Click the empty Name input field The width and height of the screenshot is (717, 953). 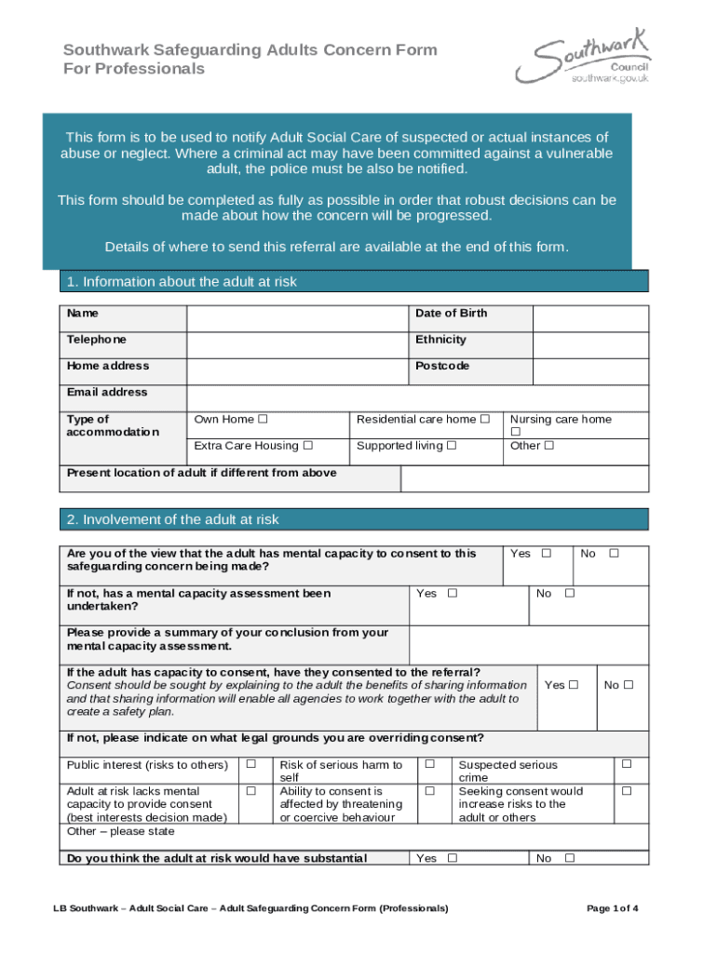pyautogui.click(x=297, y=319)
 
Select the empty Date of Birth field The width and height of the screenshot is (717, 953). pyautogui.click(x=589, y=319)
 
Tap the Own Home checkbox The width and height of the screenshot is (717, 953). pyautogui.click(x=263, y=420)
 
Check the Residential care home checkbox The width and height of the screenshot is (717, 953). pyautogui.click(x=484, y=420)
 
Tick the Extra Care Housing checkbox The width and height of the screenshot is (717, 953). pyautogui.click(x=307, y=446)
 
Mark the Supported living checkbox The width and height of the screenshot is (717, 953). pyautogui.click(x=452, y=446)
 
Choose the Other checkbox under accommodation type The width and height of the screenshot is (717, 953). pyautogui.click(x=549, y=446)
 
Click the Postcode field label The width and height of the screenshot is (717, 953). pyautogui.click(x=442, y=366)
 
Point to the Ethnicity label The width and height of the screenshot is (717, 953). pyautogui.click(x=440, y=340)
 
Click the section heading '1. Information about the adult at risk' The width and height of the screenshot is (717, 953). pyautogui.click(x=182, y=282)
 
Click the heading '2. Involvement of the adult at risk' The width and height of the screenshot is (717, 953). pyautogui.click(x=172, y=519)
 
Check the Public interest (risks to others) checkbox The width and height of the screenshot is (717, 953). pyautogui.click(x=250, y=765)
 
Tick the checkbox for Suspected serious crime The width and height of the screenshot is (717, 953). pyautogui.click(x=627, y=765)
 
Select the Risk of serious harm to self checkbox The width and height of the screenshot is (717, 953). pyautogui.click(x=430, y=765)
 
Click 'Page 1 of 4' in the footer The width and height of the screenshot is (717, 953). pyautogui.click(x=613, y=907)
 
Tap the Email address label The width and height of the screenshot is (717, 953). pyautogui.click(x=107, y=392)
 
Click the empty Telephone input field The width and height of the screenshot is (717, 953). pyautogui.click(x=297, y=345)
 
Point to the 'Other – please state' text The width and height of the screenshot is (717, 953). pyautogui.click(x=121, y=831)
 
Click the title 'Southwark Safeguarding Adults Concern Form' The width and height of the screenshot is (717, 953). pyautogui.click(x=250, y=50)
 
